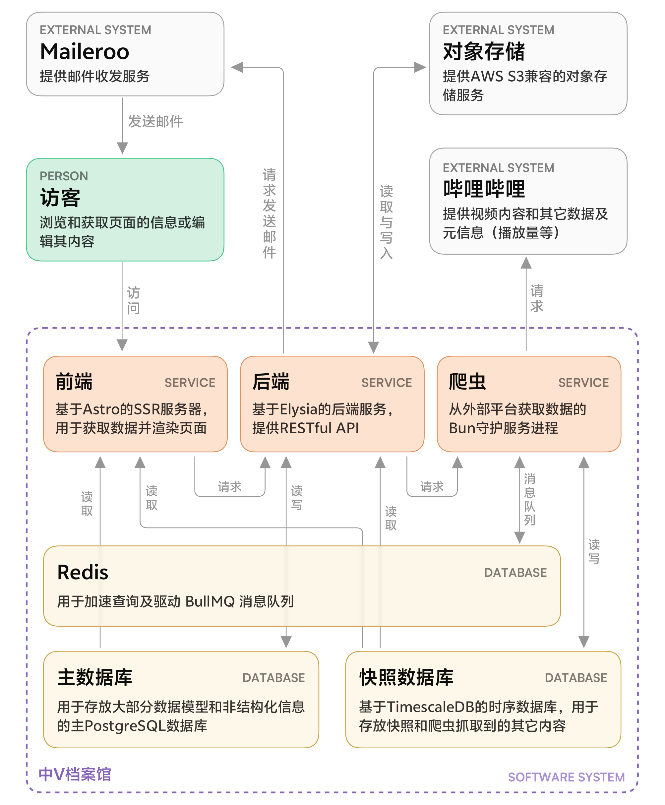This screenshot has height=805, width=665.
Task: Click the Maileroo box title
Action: click(84, 52)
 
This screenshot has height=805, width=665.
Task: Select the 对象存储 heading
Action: click(484, 52)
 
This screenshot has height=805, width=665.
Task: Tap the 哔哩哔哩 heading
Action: click(484, 189)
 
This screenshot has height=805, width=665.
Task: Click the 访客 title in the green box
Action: click(60, 198)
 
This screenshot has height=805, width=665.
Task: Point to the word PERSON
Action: click(64, 176)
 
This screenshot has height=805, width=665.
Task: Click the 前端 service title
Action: click(74, 382)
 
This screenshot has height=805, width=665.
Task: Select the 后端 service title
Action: click(271, 382)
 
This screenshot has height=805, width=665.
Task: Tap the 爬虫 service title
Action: click(467, 382)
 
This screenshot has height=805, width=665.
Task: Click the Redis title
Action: click(83, 573)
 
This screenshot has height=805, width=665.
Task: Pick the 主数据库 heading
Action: click(94, 677)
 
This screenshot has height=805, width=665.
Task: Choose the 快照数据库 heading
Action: click(406, 677)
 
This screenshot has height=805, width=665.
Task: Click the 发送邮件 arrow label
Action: click(155, 121)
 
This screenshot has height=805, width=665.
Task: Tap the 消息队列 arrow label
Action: click(529, 499)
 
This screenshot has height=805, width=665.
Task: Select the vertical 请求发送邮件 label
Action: click(269, 214)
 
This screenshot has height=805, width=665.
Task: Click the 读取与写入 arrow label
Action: click(386, 222)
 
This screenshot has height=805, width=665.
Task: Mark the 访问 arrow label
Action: click(133, 300)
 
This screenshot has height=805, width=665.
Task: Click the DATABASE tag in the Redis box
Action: click(515, 573)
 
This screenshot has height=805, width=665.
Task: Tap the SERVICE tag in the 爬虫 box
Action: click(583, 382)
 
